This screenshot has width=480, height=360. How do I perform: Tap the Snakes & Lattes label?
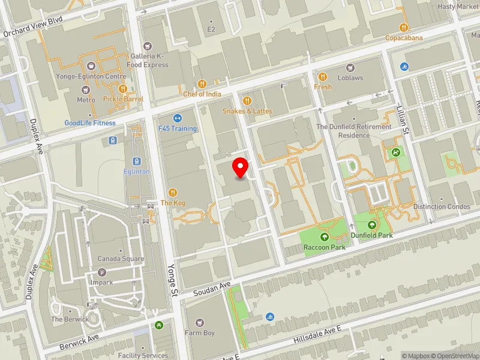[x=247, y=111]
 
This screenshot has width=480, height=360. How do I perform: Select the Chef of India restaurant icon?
[x=202, y=84]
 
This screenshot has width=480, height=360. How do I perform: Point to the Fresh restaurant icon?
[x=323, y=77]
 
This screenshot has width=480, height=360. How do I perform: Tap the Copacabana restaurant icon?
[x=404, y=28]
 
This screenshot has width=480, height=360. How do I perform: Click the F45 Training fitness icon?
[x=178, y=118]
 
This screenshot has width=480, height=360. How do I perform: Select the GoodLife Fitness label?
[x=90, y=123]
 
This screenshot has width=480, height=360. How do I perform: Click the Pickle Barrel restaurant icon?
[x=122, y=89]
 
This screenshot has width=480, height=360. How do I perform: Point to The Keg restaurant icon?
[x=173, y=193]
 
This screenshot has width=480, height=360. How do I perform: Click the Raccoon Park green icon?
[x=325, y=237]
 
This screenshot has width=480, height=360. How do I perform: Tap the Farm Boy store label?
[x=200, y=333]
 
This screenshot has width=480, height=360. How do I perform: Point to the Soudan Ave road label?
[x=212, y=289]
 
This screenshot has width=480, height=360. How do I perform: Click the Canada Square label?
[x=121, y=259]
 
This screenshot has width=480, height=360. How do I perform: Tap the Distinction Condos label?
[x=442, y=206]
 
